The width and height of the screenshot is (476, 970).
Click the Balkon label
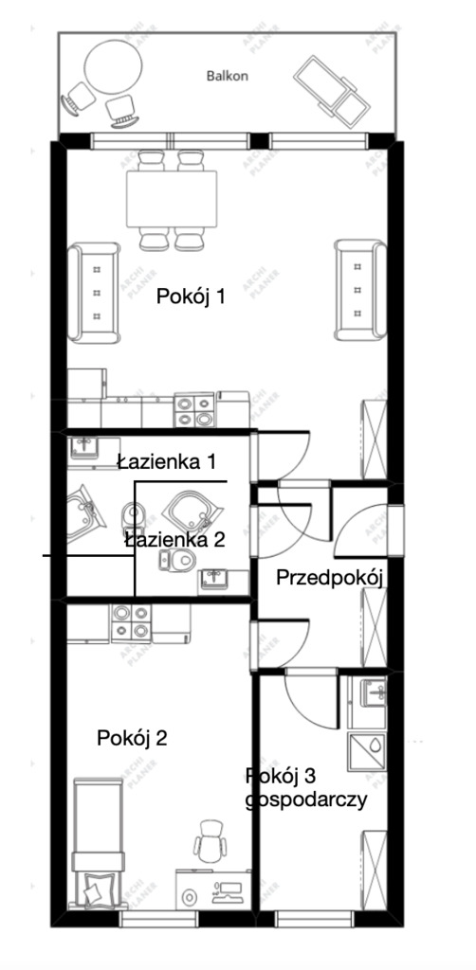click(228, 76)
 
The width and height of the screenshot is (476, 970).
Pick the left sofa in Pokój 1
click(96, 293)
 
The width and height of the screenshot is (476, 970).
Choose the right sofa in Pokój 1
click(359, 291)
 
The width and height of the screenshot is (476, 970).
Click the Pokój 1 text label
click(191, 296)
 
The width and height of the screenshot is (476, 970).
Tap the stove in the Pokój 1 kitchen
click(195, 410)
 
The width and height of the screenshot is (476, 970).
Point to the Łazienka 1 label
click(167, 462)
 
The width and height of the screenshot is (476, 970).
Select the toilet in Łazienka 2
click(174, 562)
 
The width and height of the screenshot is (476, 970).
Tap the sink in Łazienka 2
click(216, 579)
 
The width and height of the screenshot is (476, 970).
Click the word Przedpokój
click(329, 579)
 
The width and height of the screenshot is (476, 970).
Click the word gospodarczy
click(305, 800)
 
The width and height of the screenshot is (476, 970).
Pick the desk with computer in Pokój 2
click(213, 890)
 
